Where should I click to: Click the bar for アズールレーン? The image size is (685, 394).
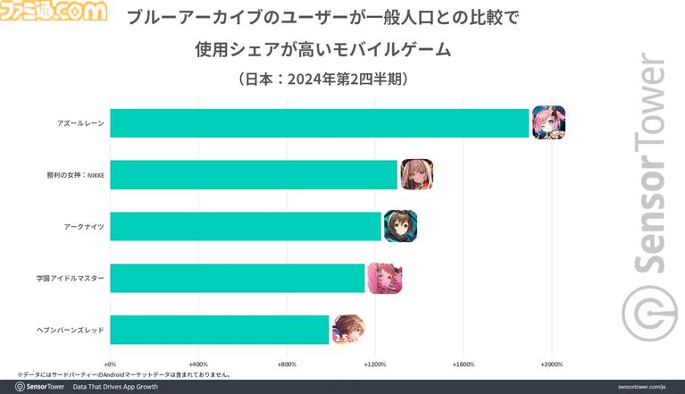[x=320, y=123]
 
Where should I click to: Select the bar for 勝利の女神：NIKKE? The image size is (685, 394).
[x=254, y=175]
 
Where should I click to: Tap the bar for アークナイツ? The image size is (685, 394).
[x=246, y=227]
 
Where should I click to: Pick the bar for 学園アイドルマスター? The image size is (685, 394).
[x=238, y=278]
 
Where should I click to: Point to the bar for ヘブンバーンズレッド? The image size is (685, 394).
[x=220, y=330]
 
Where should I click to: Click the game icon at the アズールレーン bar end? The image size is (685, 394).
[x=548, y=122]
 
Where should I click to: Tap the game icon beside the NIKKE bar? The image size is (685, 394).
[x=417, y=174]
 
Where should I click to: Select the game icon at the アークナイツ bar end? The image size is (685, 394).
[x=400, y=227]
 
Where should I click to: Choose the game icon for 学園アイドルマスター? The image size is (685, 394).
[x=384, y=278]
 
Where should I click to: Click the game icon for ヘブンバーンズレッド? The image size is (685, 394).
[x=347, y=330]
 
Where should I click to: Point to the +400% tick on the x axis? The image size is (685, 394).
[x=198, y=365]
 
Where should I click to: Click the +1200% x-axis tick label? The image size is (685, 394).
[x=375, y=365]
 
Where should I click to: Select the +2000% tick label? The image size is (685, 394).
[x=551, y=365]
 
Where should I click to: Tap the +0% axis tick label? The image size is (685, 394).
[x=111, y=365]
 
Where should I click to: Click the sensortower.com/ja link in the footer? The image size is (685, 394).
[x=642, y=387]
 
